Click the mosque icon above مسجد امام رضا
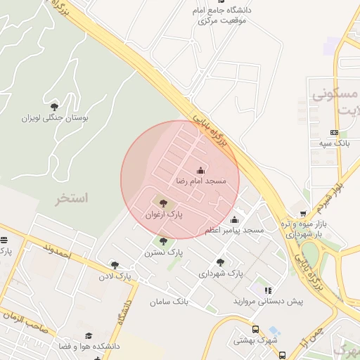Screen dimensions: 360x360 coord(201,169)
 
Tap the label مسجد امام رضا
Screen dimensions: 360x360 coord(201,181)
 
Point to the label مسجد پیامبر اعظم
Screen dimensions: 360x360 coord(234,231)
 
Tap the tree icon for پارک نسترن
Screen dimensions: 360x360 coord(164,241)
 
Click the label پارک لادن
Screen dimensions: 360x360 coord(115,276)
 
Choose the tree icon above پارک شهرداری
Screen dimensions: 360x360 coord(221,262)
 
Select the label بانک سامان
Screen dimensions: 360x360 coord(169,302)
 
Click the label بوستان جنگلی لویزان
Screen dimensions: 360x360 coord(55,118)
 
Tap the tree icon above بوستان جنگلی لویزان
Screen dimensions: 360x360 coord(55,107)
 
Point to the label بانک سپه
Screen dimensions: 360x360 coord(334,143)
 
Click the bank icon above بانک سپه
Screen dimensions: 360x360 coord(334,132)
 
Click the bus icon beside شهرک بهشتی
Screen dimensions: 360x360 coord(255,329)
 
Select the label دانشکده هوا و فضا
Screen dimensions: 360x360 coord(89,347)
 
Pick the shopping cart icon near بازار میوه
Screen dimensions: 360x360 coord(303,213)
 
